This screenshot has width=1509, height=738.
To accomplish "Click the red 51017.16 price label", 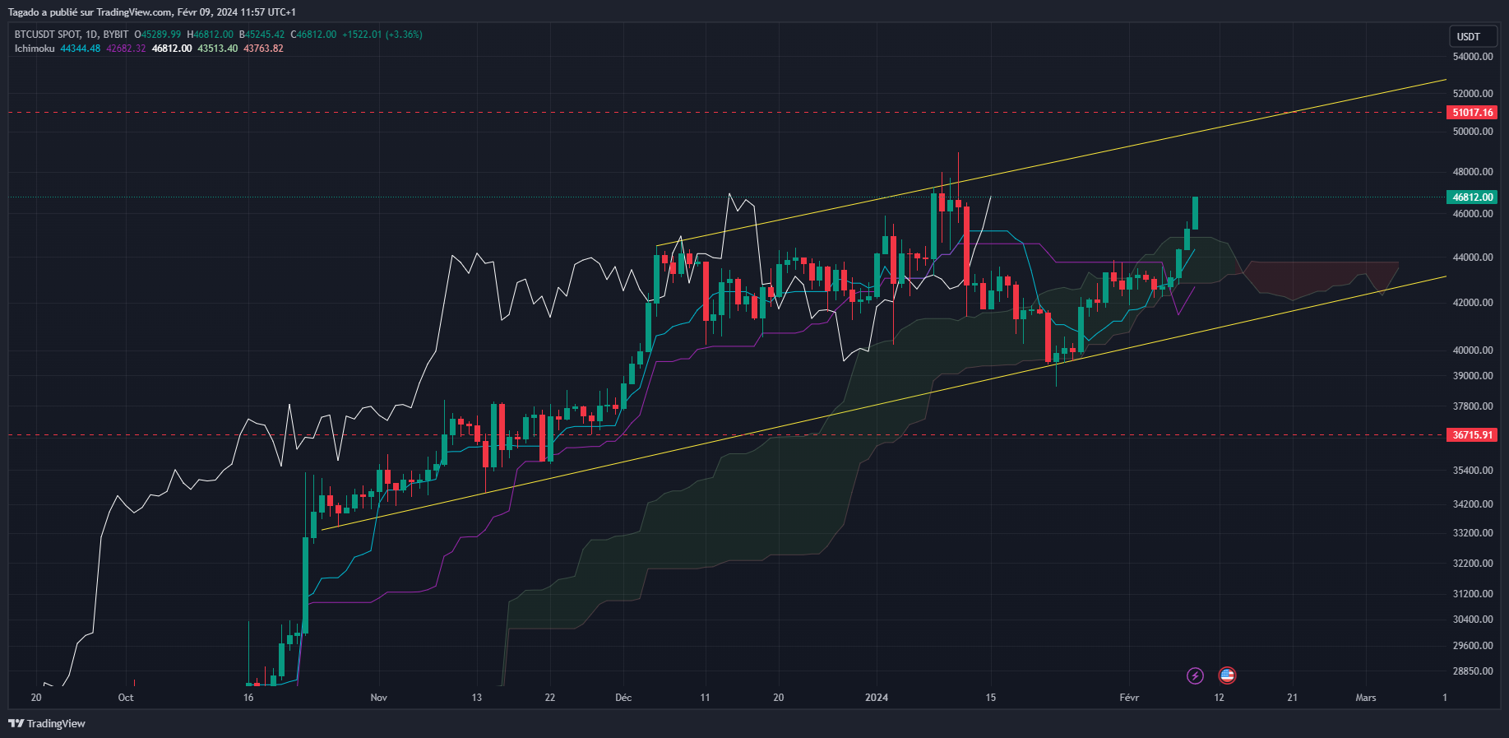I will (1472, 113).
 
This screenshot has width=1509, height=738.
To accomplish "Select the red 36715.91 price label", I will (1472, 435).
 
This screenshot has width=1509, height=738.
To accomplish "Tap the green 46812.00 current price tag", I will (1472, 197).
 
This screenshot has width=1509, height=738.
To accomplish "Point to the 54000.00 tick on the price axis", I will (1473, 57).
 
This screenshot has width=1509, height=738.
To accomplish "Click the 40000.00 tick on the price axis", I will (1473, 350).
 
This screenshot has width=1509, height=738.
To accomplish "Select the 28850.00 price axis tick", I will (1473, 671).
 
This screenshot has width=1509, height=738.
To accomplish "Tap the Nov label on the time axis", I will (378, 698).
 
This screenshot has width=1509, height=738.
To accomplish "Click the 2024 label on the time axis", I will (877, 698).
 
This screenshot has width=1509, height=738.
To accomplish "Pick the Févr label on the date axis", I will (1129, 698).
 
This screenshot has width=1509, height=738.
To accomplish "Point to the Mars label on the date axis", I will (1365, 698).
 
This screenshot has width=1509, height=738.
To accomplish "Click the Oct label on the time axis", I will (126, 698).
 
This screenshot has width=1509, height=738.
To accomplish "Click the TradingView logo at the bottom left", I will (48, 724).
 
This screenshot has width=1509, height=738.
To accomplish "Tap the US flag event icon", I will (1227, 675).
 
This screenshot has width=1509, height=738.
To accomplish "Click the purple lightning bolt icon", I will (1195, 675).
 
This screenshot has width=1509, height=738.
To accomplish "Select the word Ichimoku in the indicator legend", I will (35, 49).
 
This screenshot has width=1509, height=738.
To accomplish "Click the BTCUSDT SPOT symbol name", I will (48, 35).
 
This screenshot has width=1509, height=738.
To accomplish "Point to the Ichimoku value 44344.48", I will (81, 49).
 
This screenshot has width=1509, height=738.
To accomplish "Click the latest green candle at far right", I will (1195, 213).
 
